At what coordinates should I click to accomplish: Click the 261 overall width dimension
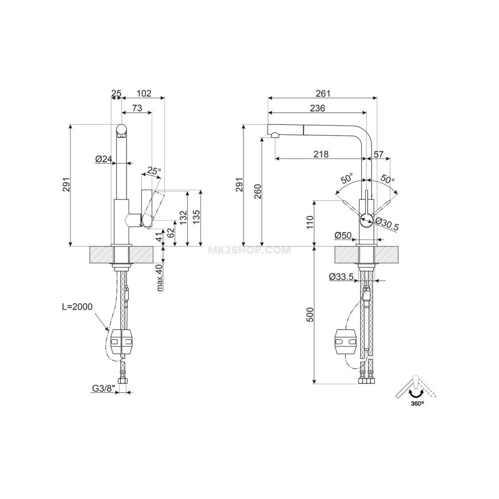pos(323,93)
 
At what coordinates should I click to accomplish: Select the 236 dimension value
pos(317,108)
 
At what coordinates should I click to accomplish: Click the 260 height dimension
pos(258,191)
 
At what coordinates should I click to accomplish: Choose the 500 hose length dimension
pos(309,315)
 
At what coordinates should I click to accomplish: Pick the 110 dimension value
pos(309,221)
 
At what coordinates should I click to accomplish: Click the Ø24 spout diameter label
pos(103,159)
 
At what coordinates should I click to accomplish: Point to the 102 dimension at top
pos(144,93)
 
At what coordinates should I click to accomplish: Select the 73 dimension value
pos(137,108)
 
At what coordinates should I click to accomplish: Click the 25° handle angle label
pos(154,171)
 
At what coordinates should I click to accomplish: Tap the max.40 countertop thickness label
pos(160,278)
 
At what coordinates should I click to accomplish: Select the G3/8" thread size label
pos(104,388)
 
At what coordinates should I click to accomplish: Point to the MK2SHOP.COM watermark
pos(248,250)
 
